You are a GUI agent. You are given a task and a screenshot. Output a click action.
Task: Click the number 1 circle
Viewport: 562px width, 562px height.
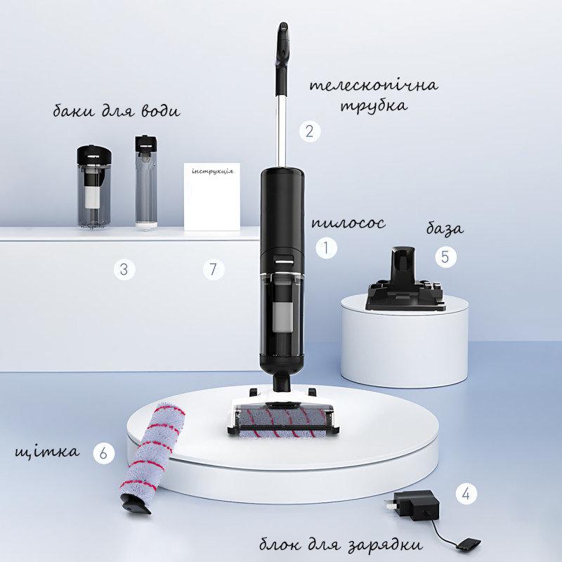tap(326, 248)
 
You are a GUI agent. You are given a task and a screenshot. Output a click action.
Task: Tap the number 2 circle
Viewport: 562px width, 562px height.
tap(310, 131)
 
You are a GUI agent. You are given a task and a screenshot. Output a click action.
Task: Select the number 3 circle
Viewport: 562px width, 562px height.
tap(124, 269)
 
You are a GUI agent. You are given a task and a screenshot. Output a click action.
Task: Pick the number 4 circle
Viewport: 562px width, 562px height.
tap(466, 494)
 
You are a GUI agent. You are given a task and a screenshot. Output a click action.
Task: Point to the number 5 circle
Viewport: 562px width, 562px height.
tap(445, 256)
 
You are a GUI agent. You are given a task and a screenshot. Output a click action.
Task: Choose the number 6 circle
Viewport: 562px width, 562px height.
tap(103, 453)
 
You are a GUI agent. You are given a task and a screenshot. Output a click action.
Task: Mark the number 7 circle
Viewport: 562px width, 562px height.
tap(214, 269)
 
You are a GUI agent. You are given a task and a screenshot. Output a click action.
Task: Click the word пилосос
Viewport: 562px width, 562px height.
tap(348, 223)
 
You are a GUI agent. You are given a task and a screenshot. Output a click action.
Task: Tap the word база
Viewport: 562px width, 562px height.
tap(445, 228)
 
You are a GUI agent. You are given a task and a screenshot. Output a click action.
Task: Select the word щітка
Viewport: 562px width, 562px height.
tap(47, 452)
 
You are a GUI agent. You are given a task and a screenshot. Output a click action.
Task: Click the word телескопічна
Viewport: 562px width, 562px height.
tap(374, 86)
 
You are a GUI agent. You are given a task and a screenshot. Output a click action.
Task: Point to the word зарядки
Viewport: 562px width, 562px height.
tap(385, 545)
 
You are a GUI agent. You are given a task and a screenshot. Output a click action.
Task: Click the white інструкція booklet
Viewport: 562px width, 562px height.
tap(212, 197)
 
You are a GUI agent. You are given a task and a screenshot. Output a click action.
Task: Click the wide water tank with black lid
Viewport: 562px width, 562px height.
tap(94, 187)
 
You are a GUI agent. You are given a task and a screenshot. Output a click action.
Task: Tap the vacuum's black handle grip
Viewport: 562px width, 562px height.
tap(282, 59)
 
